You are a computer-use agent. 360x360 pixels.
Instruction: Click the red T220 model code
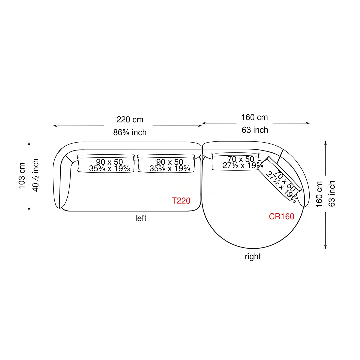click(x=181, y=201)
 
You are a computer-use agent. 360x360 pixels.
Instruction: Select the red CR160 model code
click(x=281, y=216)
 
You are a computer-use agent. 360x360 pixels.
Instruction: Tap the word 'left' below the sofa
click(x=141, y=218)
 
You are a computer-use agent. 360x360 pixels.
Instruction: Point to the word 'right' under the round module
click(x=253, y=256)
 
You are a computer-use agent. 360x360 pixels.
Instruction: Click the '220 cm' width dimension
click(x=130, y=119)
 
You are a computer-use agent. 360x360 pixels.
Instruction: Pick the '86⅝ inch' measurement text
click(x=130, y=132)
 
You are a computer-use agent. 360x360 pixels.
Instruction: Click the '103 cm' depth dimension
click(x=22, y=176)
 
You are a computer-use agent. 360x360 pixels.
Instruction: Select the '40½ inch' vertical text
click(x=36, y=175)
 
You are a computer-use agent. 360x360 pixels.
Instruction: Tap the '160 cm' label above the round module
click(x=254, y=117)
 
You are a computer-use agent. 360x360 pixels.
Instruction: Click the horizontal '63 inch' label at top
click(x=255, y=130)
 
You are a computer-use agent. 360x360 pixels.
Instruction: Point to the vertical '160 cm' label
click(x=319, y=194)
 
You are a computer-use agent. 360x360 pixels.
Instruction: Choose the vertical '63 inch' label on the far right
click(x=332, y=194)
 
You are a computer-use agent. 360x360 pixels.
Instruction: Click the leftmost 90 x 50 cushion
click(x=106, y=163)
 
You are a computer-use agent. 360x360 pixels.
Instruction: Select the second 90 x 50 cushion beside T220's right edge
click(x=166, y=163)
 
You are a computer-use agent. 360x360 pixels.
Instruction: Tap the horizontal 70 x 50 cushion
click(x=236, y=162)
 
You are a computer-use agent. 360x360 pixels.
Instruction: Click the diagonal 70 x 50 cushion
click(x=280, y=178)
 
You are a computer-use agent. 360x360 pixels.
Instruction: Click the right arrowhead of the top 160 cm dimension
click(x=308, y=123)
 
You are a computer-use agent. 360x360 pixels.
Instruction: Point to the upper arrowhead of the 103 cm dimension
click(x=29, y=143)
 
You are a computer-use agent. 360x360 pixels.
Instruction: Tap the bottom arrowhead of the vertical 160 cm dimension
click(x=325, y=247)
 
